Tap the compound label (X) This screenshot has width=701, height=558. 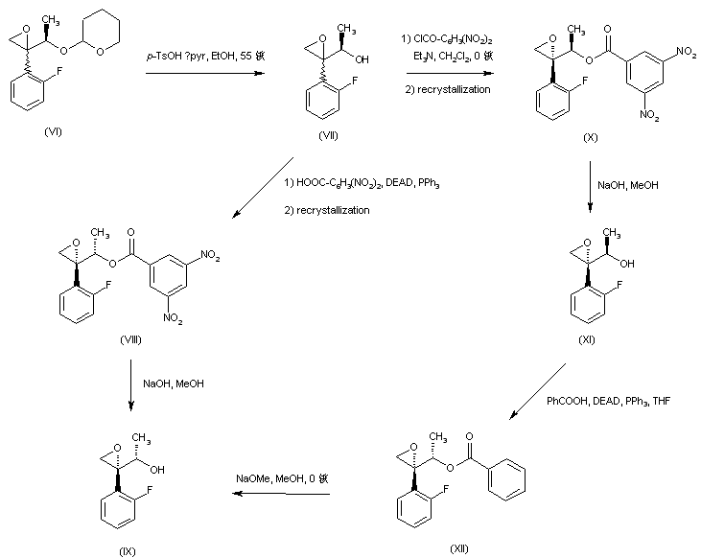591,139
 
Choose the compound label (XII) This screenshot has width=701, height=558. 460,546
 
